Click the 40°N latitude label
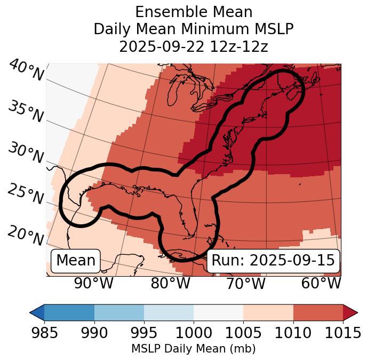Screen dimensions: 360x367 coord(26,71)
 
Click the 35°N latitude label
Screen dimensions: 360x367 coord(26,112)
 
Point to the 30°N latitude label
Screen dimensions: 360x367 coord(26,153)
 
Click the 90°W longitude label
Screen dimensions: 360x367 coord(93,283)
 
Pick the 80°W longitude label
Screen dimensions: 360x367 coord(170,283)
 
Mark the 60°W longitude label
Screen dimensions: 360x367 coord(321,283)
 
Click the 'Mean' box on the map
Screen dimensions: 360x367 coord(76,261)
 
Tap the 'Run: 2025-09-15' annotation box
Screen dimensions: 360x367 coord(273,261)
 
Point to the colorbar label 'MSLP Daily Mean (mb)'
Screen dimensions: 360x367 coord(193,349)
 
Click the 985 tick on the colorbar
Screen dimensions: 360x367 coord(44,333)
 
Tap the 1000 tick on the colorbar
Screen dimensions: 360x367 coord(194,333)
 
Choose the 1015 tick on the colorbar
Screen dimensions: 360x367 coord(342,333)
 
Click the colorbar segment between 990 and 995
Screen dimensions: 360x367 coord(119,312)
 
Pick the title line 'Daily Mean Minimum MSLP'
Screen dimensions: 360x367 coord(194,29)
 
